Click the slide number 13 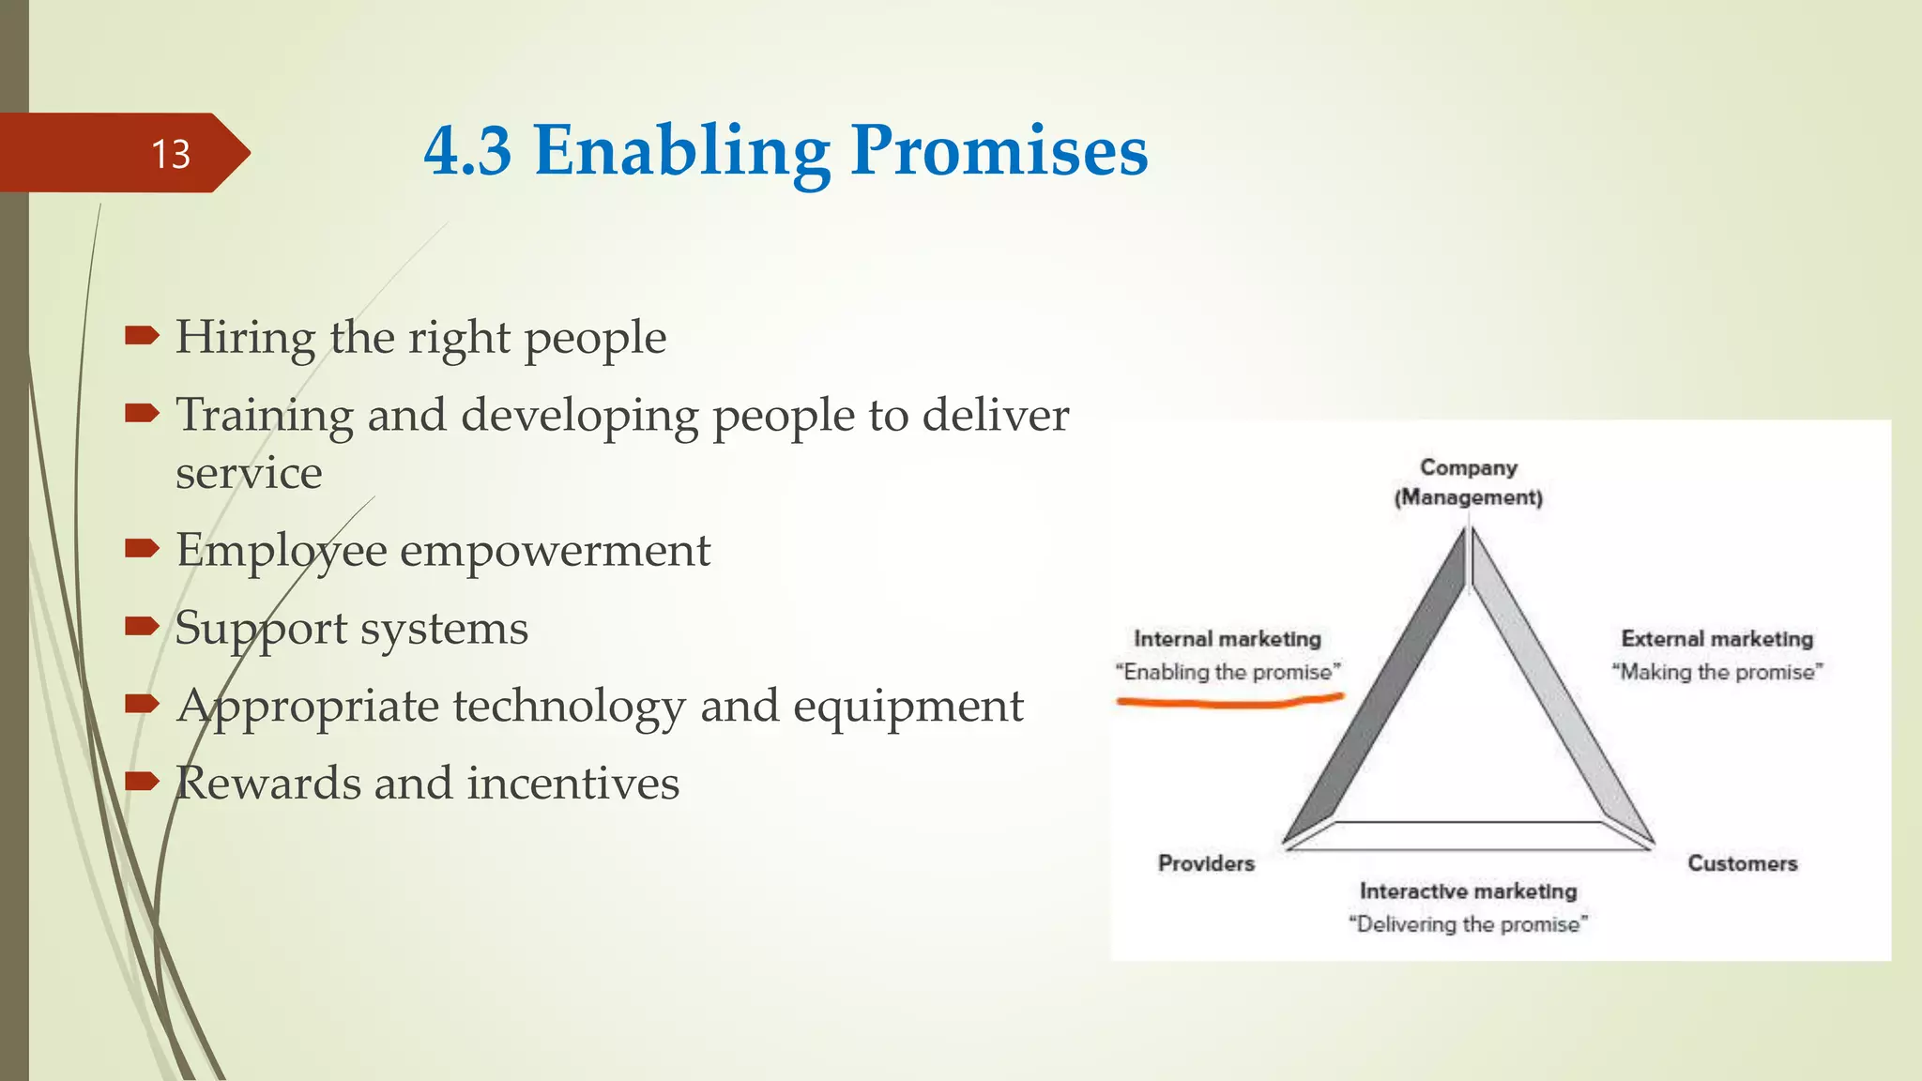click(x=171, y=154)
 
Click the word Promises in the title click(x=999, y=151)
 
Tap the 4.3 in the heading click(x=467, y=151)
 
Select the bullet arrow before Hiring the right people click(x=142, y=335)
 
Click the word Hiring click(x=245, y=338)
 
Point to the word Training click(x=264, y=416)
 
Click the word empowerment click(x=555, y=550)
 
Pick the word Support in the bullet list click(x=260, y=629)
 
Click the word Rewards click(x=267, y=784)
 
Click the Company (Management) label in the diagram click(x=1468, y=482)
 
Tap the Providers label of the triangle click(x=1206, y=863)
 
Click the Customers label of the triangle click(x=1742, y=863)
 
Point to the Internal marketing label click(x=1227, y=639)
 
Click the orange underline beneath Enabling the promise click(x=1229, y=700)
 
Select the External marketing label click(x=1716, y=639)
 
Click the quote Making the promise click(x=1716, y=672)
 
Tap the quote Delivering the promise click(x=1468, y=924)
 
